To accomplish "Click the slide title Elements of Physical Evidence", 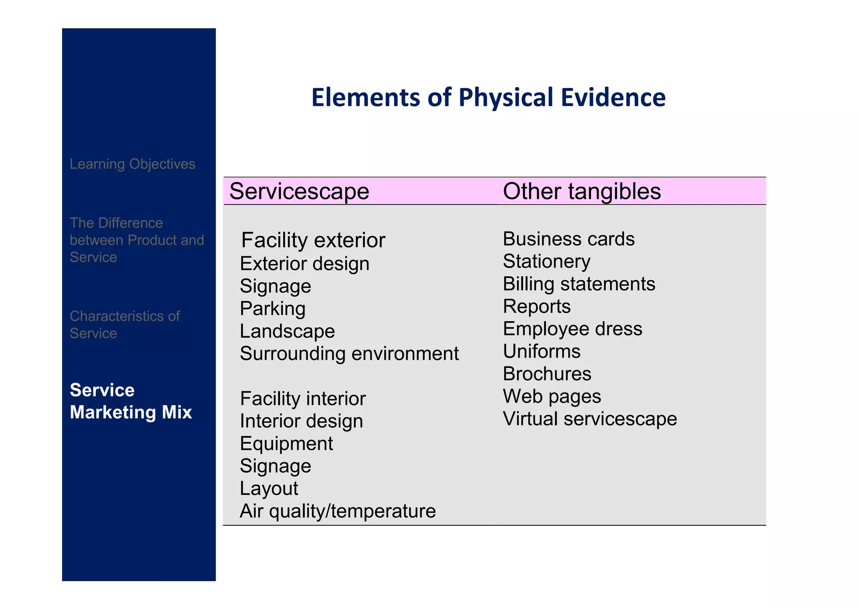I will coord(488,97).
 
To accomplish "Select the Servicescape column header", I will coord(299,191).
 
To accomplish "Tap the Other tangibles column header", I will coord(581,191).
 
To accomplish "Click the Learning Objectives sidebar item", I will coord(132,164).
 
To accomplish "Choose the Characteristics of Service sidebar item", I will coord(124,324).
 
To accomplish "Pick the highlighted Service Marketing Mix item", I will coord(131,401).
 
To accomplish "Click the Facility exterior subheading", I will coord(313,240).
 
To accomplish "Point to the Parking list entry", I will coord(272,308).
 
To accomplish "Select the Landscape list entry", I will coord(287,331).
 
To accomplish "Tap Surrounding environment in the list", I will coord(349,354).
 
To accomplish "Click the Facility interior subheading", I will coord(303,399).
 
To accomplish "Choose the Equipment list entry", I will coord(286,444).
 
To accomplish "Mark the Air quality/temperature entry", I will coord(338,511).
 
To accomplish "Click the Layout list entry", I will coord(269,489).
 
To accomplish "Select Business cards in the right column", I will coord(568,239).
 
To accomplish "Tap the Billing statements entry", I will coord(579,284).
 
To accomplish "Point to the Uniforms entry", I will coord(541,351).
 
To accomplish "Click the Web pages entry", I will coord(552,396).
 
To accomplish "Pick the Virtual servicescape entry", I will coord(589,419).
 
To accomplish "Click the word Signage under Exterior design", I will coord(275,286).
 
